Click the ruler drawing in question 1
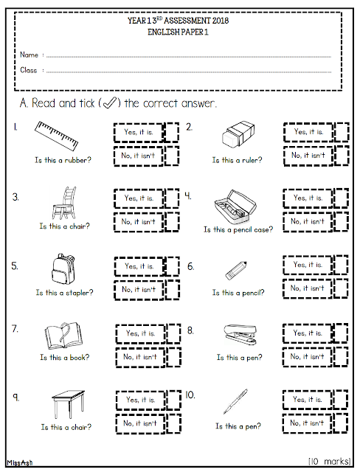pyautogui.click(x=56, y=136)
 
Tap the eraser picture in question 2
pyautogui.click(x=238, y=134)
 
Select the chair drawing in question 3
pyautogui.click(x=64, y=203)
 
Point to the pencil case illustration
pyautogui.click(x=235, y=206)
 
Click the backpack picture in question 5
pyautogui.click(x=63, y=268)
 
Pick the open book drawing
pyautogui.click(x=63, y=336)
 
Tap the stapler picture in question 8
pyautogui.click(x=240, y=334)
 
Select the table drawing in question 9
pyautogui.click(x=68, y=404)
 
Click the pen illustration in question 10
pyautogui.click(x=235, y=401)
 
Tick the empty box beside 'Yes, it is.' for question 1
pyautogui.click(x=172, y=132)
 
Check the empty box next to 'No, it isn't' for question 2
pyautogui.click(x=342, y=156)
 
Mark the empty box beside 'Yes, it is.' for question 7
pyautogui.click(x=173, y=333)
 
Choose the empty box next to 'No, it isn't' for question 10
pyautogui.click(x=340, y=423)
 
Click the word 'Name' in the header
pyautogui.click(x=30, y=55)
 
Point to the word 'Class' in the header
pyautogui.click(x=29, y=70)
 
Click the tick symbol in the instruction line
pyautogui.click(x=110, y=103)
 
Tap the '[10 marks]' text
pyautogui.click(x=330, y=461)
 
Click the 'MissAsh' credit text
pyautogui.click(x=20, y=462)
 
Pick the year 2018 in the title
pyautogui.click(x=221, y=21)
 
